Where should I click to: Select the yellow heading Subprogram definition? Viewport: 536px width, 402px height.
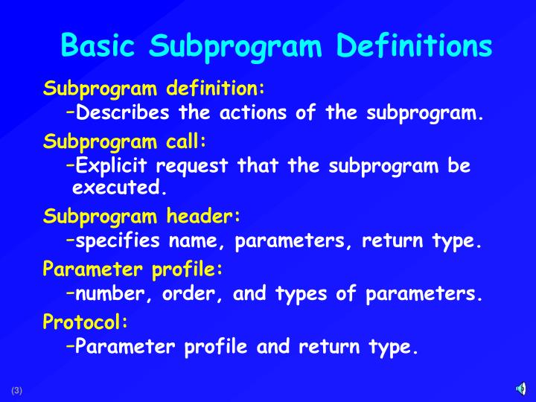[x=154, y=89]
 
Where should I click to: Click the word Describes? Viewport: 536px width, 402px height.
[x=122, y=114]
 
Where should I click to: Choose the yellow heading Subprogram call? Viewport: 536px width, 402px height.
[x=124, y=141]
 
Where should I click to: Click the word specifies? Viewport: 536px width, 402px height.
[x=118, y=241]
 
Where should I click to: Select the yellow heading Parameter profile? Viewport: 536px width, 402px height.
[x=133, y=268]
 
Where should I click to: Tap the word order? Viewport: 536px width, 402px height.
[x=192, y=294]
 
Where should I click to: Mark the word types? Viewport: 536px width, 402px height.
[x=301, y=294]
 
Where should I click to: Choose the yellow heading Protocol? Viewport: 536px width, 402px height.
[x=86, y=322]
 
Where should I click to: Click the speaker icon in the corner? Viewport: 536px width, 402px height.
[x=521, y=389]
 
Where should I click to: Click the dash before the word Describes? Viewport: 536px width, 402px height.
[x=69, y=112]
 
